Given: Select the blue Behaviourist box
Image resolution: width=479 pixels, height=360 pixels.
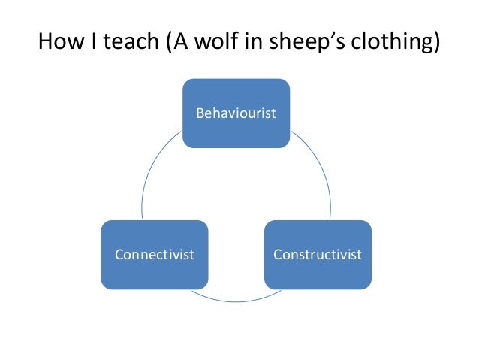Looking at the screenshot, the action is click(236, 113).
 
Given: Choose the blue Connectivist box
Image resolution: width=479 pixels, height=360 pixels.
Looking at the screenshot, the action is click(154, 254).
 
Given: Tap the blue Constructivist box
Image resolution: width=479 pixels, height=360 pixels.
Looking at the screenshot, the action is click(318, 254).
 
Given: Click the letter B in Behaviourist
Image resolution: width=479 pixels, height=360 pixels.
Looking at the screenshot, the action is click(199, 113).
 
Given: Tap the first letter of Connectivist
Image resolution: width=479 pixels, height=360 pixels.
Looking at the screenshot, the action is click(118, 255).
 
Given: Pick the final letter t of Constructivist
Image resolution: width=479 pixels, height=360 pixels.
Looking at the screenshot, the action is click(359, 255).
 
